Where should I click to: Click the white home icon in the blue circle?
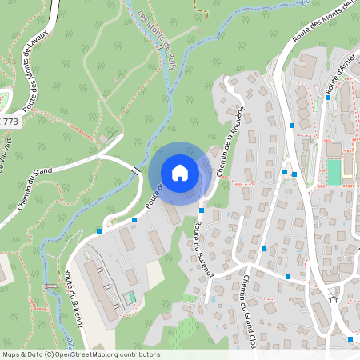(180, 173)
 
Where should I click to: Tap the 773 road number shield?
(10, 122)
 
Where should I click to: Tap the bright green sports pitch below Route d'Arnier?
(334, 171)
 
